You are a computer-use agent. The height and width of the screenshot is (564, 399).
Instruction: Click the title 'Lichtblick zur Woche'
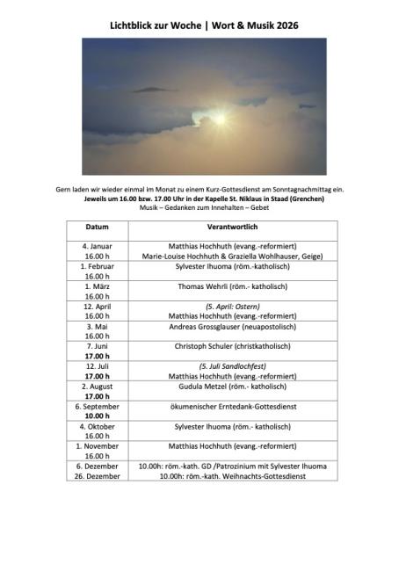tap(150, 26)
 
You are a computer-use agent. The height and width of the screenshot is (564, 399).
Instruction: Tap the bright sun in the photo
tap(218, 118)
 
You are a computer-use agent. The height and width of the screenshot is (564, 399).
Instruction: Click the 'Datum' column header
tap(97, 228)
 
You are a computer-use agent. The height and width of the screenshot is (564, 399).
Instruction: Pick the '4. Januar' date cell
tap(98, 247)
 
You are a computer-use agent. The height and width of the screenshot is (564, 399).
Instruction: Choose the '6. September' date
tap(97, 406)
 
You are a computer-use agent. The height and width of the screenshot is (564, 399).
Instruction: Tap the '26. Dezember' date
tap(97, 475)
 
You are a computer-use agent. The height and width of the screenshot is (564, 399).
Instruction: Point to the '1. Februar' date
tap(97, 266)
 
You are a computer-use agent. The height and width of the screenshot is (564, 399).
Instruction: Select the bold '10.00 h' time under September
tap(97, 416)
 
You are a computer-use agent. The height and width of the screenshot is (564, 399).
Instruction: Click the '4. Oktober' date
tap(97, 426)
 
